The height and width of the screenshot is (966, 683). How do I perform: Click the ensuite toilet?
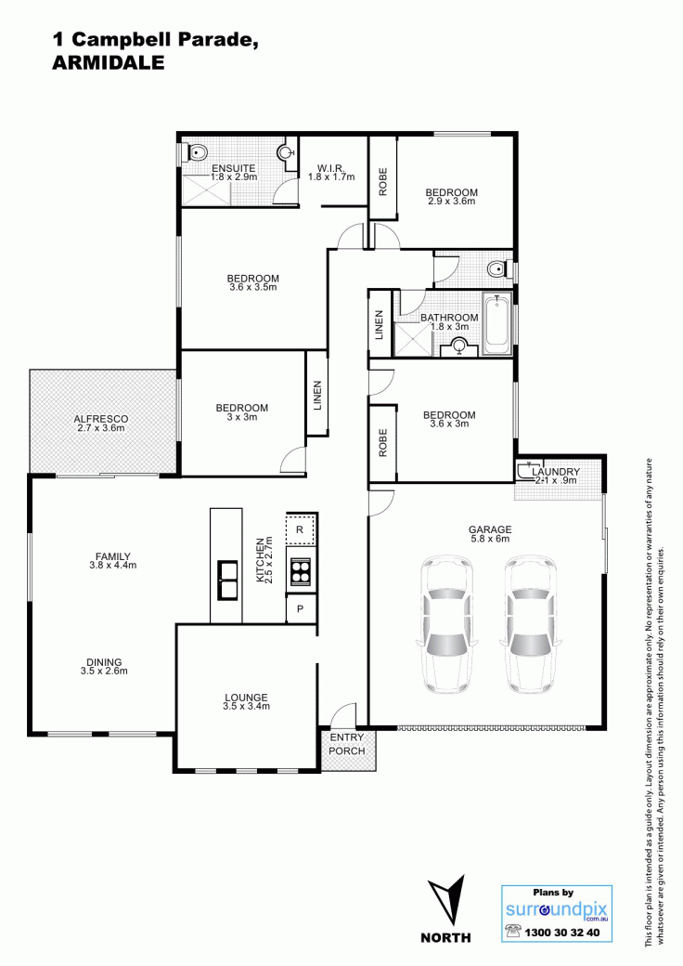point(196,151)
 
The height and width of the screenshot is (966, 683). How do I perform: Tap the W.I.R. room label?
point(331,168)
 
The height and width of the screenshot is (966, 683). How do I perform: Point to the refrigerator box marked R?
point(301,529)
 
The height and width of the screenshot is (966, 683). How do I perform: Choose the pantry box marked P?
point(301,608)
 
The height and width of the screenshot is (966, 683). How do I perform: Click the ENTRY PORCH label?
point(346,744)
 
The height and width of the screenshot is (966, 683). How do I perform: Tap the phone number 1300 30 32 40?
point(561,933)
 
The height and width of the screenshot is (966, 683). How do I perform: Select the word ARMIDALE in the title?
point(109,62)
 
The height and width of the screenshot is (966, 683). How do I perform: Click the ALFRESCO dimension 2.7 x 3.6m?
point(101,427)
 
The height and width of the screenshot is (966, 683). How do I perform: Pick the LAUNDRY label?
point(556,472)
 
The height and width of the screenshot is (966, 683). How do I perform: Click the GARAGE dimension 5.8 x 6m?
point(490,539)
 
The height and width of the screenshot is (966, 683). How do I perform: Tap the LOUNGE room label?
point(246,698)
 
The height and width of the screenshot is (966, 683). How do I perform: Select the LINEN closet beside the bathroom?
point(379,324)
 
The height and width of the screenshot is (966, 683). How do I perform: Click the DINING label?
point(104,663)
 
